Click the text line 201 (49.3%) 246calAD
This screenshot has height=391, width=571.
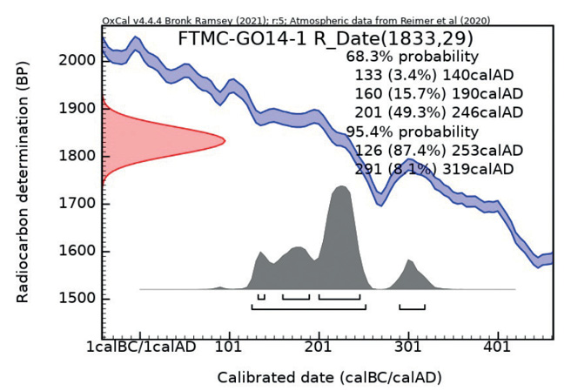click(439, 113)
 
